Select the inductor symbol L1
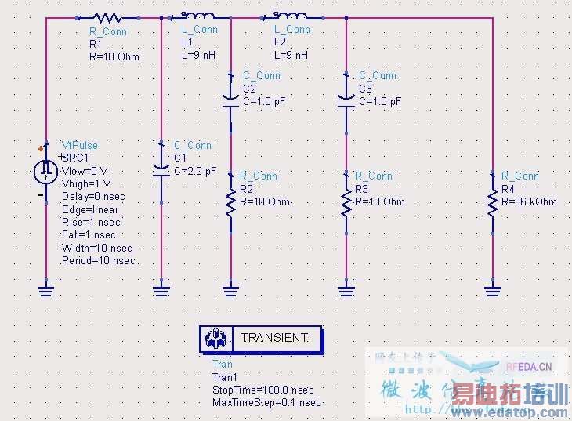(199, 16)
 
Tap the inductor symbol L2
(291, 16)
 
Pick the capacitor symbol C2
(230, 98)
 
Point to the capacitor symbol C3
(346, 98)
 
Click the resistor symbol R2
(230, 201)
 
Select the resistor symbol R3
(346, 201)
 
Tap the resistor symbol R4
(492, 201)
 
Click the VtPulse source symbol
(45, 170)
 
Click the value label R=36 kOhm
(529, 201)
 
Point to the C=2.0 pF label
(195, 171)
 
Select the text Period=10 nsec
(99, 260)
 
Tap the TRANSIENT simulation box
(261, 339)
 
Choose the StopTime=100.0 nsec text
(262, 390)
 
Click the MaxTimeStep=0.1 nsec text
(266, 402)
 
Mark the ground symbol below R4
(492, 291)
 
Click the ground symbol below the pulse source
(45, 291)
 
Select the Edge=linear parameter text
(90, 209)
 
